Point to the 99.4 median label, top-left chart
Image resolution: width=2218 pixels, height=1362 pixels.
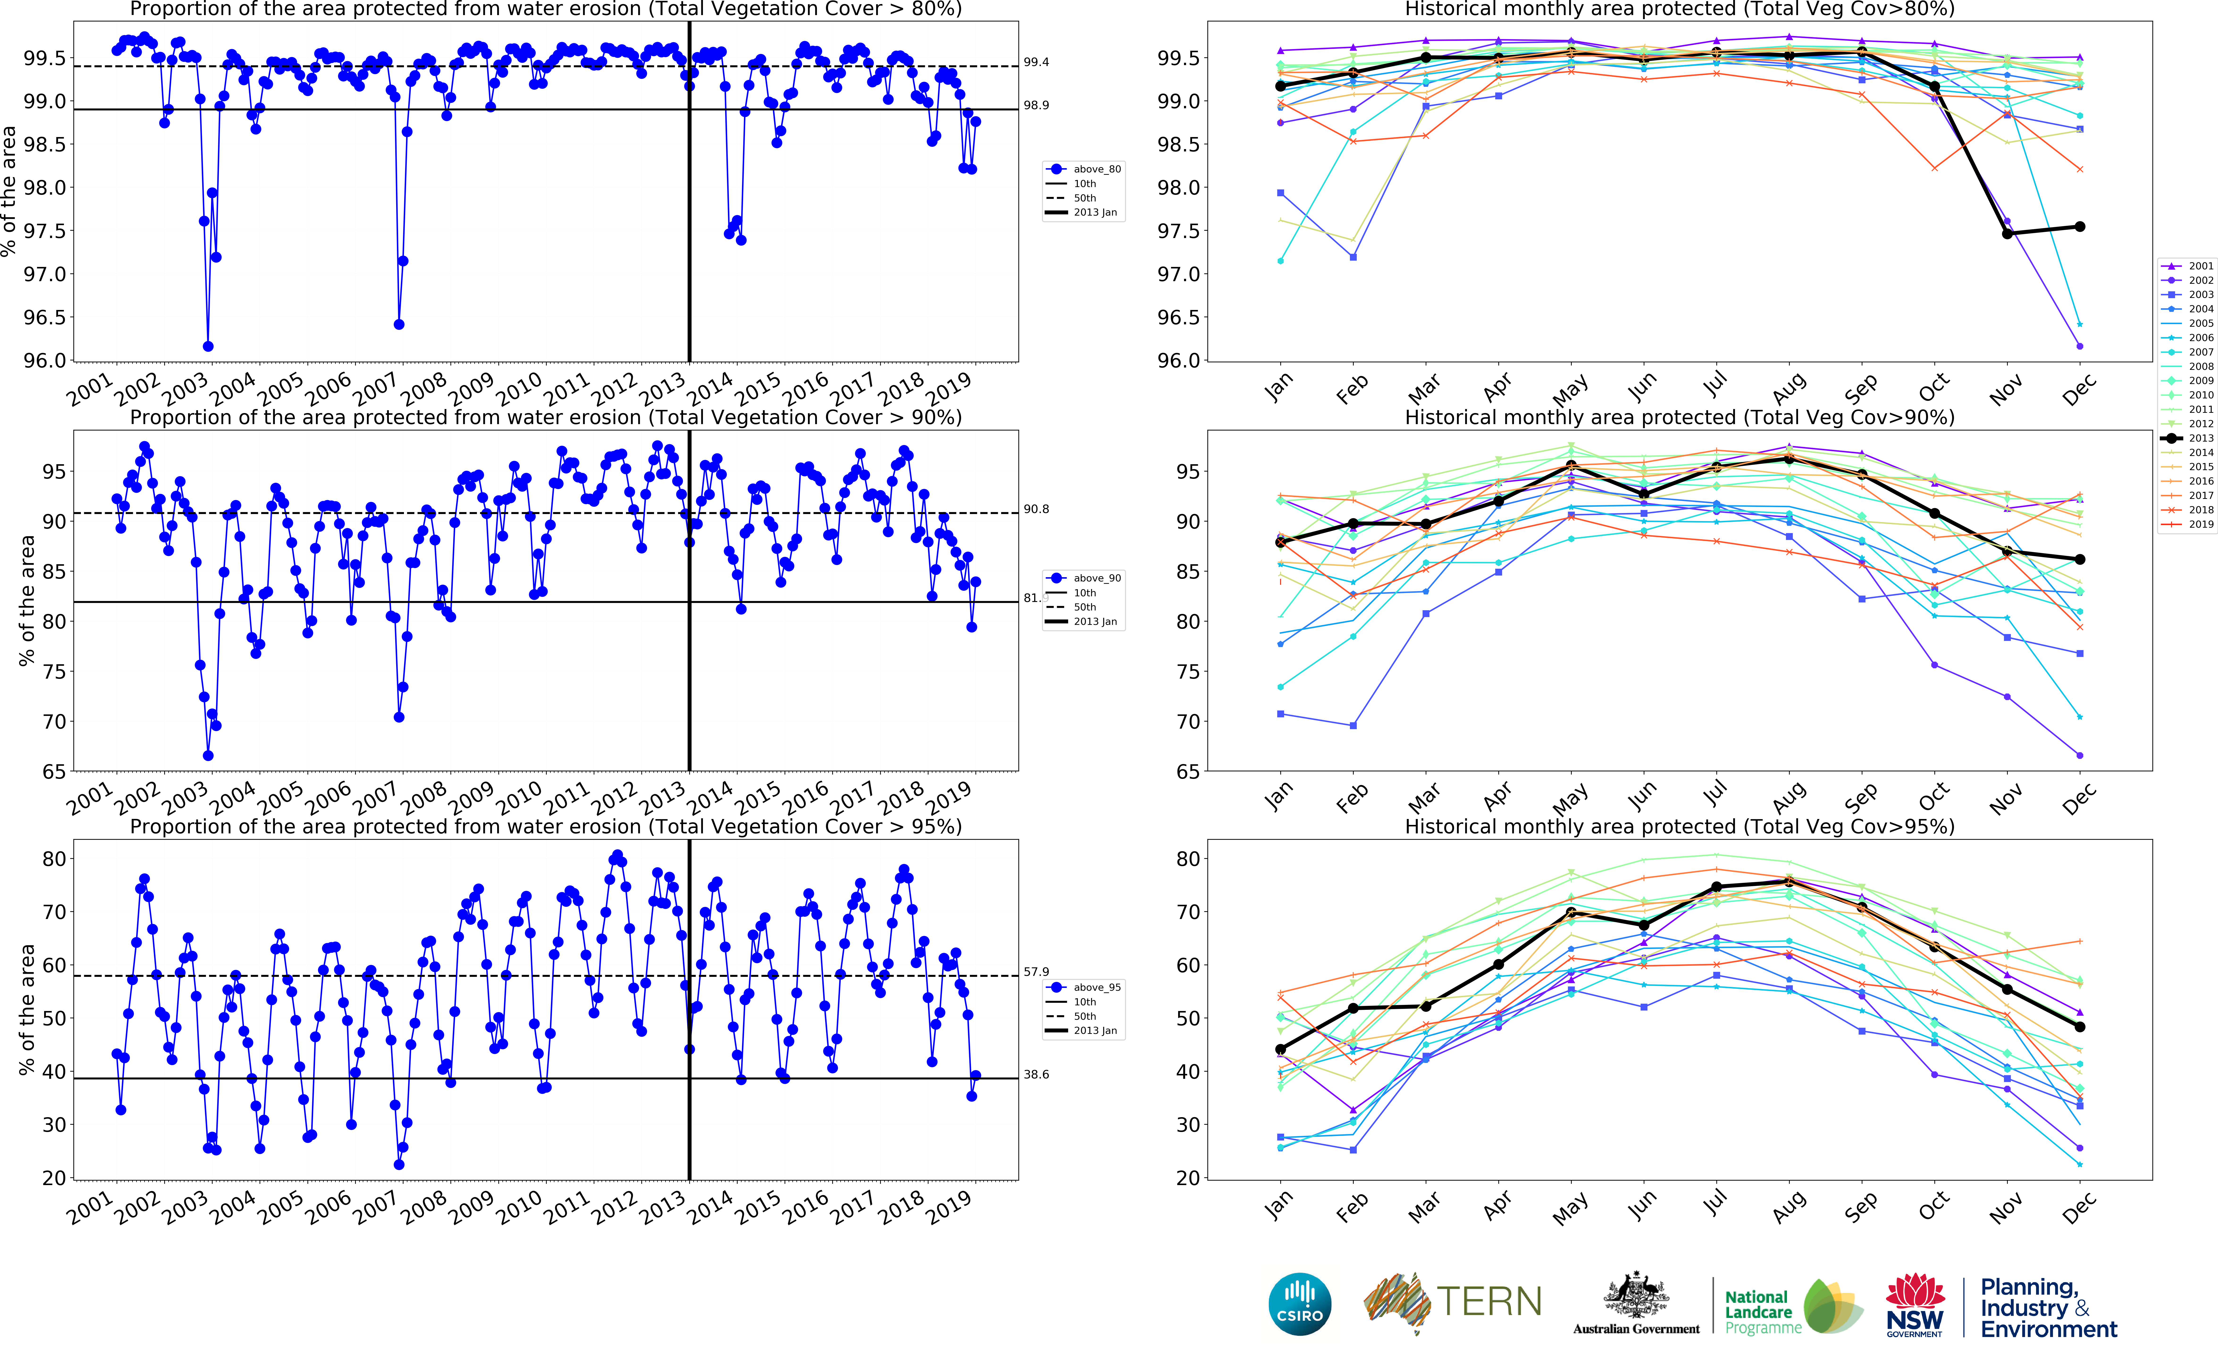tap(1036, 62)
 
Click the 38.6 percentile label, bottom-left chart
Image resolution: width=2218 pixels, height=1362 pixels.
tap(1036, 1075)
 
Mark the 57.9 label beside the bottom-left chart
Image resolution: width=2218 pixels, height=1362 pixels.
tap(1036, 972)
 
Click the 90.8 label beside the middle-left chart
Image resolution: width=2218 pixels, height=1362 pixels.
tap(1036, 509)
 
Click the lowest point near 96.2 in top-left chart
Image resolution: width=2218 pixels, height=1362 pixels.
tap(208, 346)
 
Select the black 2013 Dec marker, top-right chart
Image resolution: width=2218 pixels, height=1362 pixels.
tap(2080, 227)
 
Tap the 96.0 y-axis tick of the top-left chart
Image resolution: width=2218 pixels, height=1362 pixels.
tap(45, 360)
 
